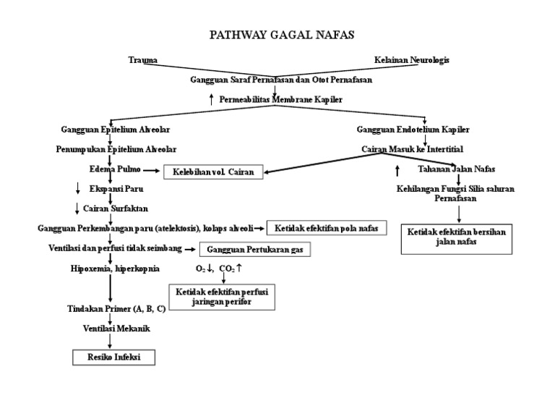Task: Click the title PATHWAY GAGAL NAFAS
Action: tap(281, 34)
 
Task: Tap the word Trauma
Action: tap(142, 60)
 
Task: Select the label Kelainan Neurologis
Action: tap(411, 60)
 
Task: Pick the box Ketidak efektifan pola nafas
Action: tap(327, 228)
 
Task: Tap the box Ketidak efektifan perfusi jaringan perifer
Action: tap(222, 296)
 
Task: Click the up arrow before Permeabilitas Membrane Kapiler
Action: tap(211, 100)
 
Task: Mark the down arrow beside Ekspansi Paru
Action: tap(77, 190)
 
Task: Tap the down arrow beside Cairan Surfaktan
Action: tap(77, 209)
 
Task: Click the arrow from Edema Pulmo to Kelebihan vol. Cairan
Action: tap(152, 171)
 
